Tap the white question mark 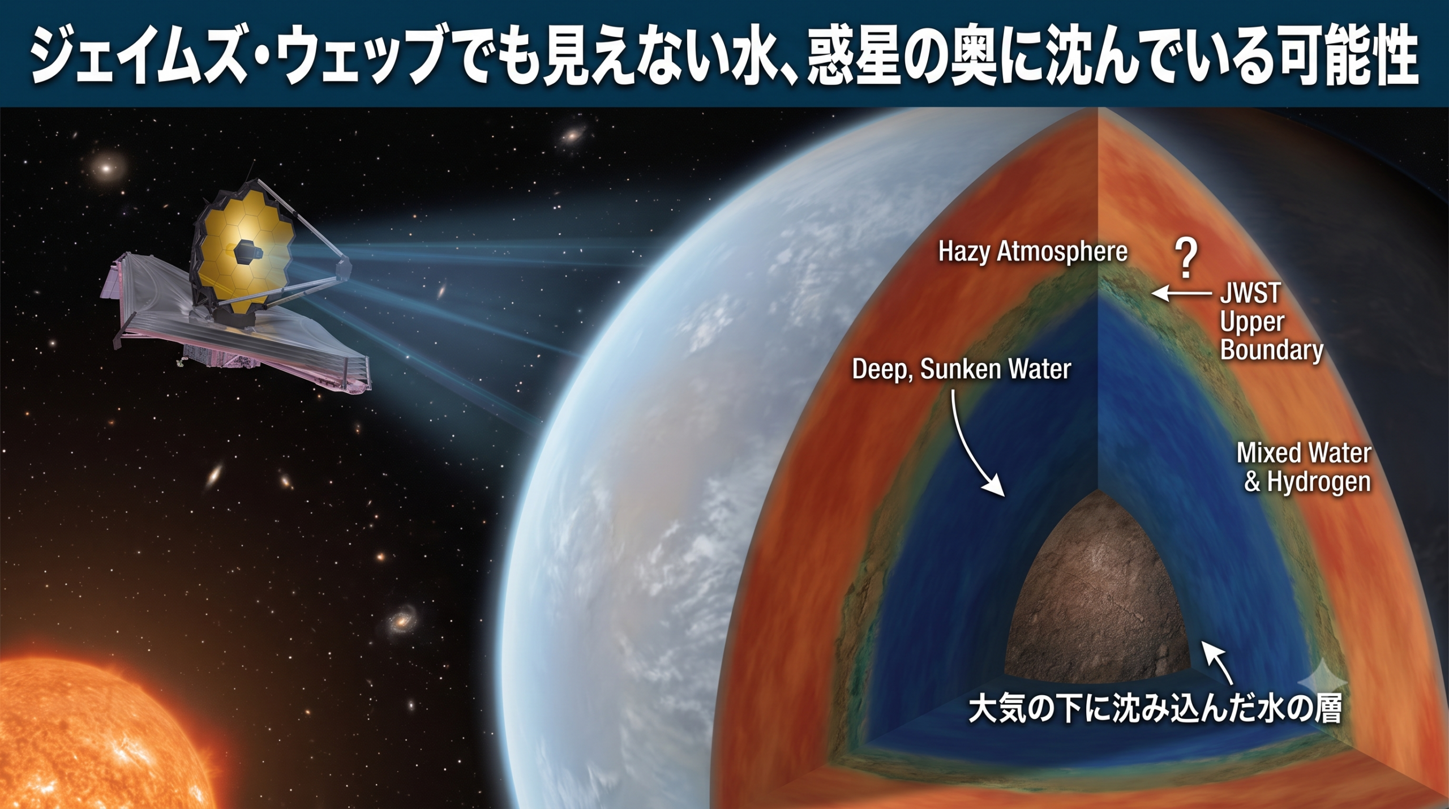click(x=1186, y=258)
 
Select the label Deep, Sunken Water click(x=962, y=370)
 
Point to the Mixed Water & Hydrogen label click(x=1304, y=467)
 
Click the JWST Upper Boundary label click(x=1271, y=322)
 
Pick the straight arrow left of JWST click(x=1181, y=293)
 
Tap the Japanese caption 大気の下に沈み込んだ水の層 click(x=1155, y=710)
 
